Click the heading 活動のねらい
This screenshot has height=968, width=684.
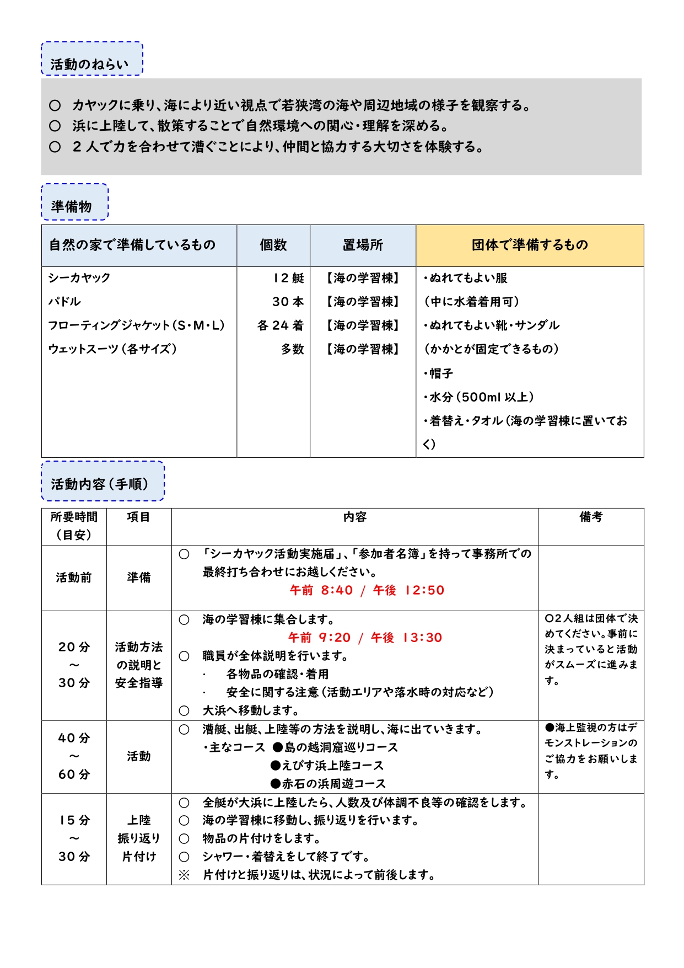tap(89, 64)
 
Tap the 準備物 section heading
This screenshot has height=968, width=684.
tap(72, 206)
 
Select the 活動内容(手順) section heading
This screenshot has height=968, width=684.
tap(100, 484)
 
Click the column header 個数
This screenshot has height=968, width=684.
tap(273, 245)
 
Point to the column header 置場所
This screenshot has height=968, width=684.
tap(363, 245)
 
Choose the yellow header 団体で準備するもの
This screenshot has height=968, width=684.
tap(530, 245)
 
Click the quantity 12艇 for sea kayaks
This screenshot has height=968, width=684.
tap(289, 278)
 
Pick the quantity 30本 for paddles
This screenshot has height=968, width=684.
tap(288, 302)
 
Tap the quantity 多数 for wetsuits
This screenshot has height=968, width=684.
tap(293, 349)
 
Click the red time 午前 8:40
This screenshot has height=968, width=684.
tap(321, 590)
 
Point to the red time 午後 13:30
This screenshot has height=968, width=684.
tap(407, 638)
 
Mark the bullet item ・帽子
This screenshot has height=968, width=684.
tap(438, 373)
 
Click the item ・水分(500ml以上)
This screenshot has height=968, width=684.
tap(478, 397)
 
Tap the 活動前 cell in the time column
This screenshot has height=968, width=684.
tap(74, 577)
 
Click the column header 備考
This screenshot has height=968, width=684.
tap(591, 517)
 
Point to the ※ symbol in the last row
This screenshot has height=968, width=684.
tap(184, 875)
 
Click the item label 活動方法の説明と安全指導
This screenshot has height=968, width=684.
tap(139, 665)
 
